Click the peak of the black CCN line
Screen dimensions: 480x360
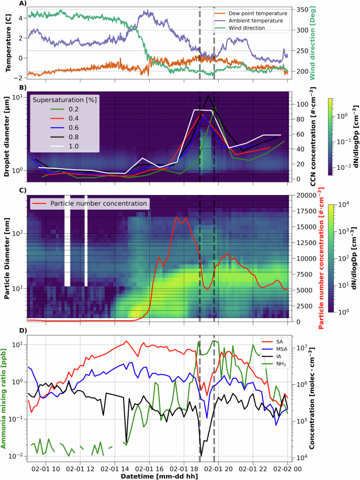tap(209, 96)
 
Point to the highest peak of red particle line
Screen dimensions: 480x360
tap(177, 217)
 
